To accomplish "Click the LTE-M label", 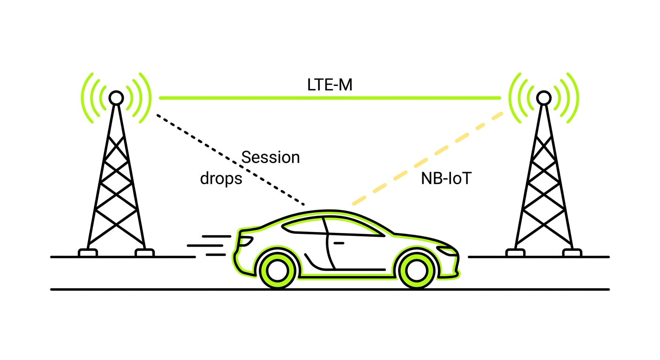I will click(x=330, y=85).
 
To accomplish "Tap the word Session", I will click(x=270, y=157).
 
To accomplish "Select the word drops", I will click(x=221, y=179).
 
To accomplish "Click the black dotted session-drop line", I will click(x=230, y=159).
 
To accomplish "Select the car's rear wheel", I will click(x=277, y=270).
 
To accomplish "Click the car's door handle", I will click(x=338, y=243).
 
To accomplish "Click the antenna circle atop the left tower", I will click(x=116, y=98).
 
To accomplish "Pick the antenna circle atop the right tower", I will click(x=543, y=98).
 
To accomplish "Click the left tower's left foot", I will click(x=88, y=253).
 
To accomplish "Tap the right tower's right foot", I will click(x=572, y=253).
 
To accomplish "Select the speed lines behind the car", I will click(x=209, y=245).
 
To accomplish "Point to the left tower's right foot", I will click(x=144, y=253).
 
